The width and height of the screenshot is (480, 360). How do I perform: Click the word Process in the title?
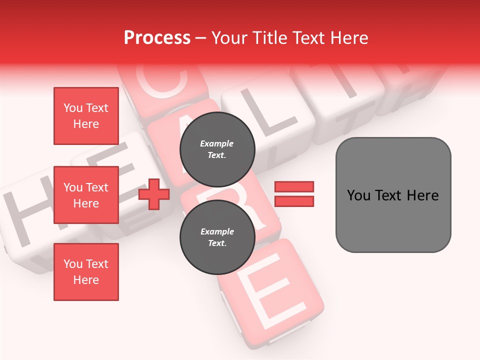[x=157, y=38]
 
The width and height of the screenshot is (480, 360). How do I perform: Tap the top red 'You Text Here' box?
[x=86, y=116]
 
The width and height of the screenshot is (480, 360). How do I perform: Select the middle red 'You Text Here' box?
[x=86, y=195]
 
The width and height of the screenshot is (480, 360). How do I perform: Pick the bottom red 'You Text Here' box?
[x=86, y=272]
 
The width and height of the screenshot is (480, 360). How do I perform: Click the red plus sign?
[x=154, y=194]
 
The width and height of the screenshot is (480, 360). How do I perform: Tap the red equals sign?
[x=294, y=194]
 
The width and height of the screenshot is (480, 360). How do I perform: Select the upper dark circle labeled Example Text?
[x=217, y=149]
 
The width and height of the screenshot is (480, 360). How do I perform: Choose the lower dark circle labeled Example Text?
[x=217, y=237]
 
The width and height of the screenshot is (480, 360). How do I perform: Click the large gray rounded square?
[x=393, y=195]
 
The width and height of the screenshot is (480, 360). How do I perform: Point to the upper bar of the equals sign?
[x=294, y=187]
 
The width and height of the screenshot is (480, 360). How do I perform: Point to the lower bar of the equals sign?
[x=294, y=201]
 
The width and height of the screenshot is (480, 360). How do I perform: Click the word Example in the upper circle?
[x=217, y=144]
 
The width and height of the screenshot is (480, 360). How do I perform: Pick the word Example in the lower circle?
[x=217, y=232]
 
